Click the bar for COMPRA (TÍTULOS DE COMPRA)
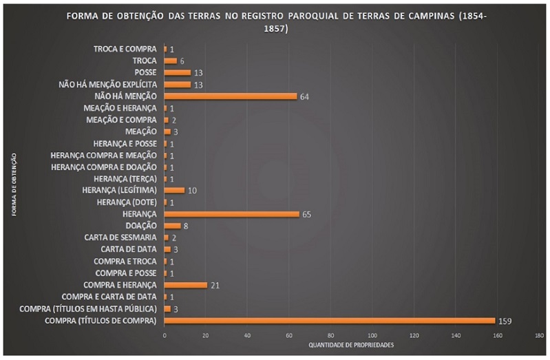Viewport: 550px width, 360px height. click(x=329, y=320)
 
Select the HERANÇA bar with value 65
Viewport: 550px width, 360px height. click(x=231, y=214)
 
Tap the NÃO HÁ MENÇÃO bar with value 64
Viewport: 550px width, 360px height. click(x=230, y=96)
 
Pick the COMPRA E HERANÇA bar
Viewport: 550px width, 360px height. click(x=185, y=285)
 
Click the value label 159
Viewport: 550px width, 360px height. click(x=505, y=321)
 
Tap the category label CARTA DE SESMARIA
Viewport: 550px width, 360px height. click(x=120, y=237)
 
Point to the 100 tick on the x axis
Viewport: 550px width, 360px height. click(x=372, y=335)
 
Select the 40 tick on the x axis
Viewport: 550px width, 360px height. click(x=247, y=335)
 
